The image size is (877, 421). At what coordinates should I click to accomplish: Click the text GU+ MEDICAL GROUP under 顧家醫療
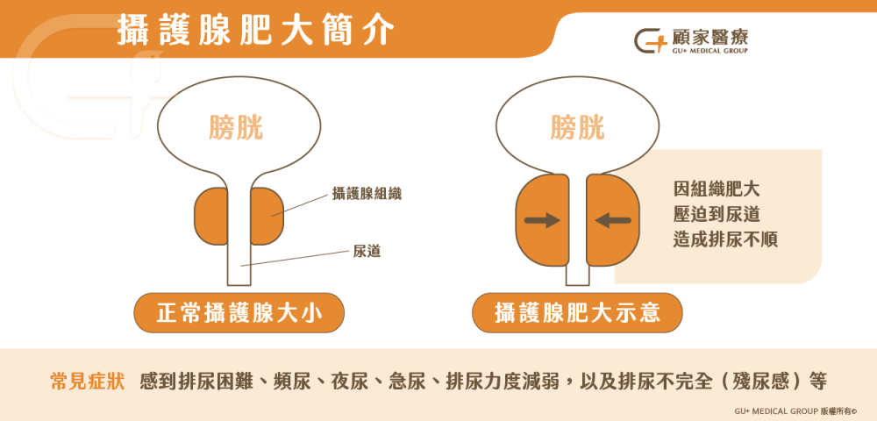709,51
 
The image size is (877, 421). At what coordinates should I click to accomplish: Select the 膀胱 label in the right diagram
577,127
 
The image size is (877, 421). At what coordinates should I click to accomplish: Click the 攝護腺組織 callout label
367,194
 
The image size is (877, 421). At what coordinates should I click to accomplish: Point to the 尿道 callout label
367,252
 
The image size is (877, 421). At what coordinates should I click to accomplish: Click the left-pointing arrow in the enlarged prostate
613,220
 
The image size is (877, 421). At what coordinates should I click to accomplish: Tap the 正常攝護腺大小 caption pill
239,313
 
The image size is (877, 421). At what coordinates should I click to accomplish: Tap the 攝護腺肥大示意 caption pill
577,313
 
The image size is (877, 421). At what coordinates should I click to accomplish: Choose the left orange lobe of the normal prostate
210,217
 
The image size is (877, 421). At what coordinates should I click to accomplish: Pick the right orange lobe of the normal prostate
267,217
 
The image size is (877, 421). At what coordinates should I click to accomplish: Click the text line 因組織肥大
717,189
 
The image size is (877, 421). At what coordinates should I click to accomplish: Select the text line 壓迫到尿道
717,215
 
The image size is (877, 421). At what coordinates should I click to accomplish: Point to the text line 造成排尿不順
725,239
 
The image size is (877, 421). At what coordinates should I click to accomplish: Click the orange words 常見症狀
87,382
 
